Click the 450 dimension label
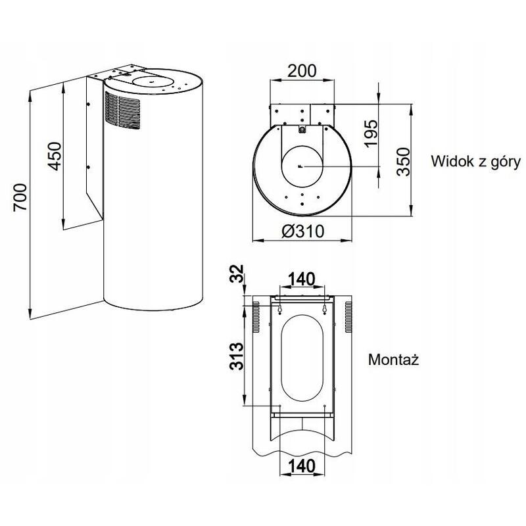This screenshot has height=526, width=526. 57,155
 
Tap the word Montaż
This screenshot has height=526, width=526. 394,360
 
